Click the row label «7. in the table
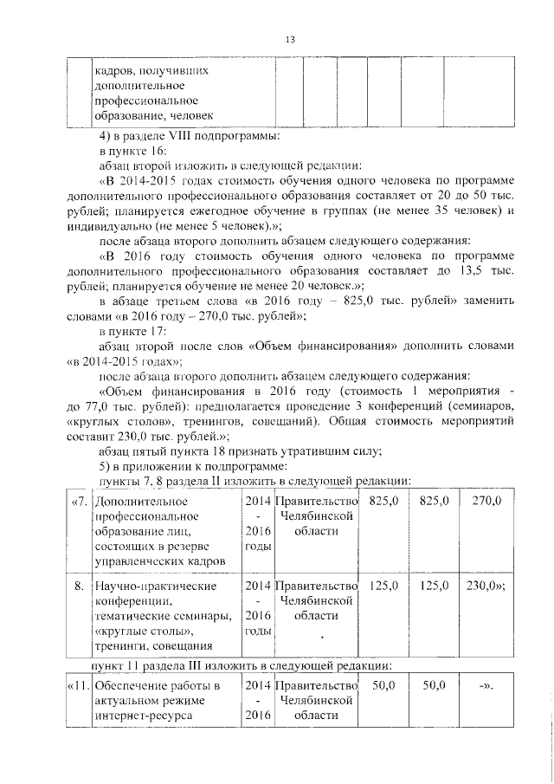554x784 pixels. pyautogui.click(x=78, y=501)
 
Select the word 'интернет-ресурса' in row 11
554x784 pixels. pyautogui.click(x=142, y=715)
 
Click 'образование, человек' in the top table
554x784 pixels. pyautogui.click(x=153, y=116)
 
